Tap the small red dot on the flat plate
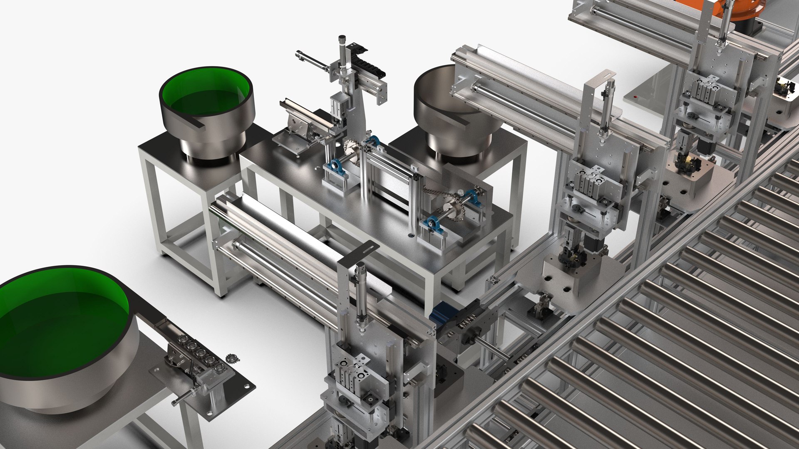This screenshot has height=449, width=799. [635, 96]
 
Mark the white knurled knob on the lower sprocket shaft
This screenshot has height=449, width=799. [462, 192]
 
